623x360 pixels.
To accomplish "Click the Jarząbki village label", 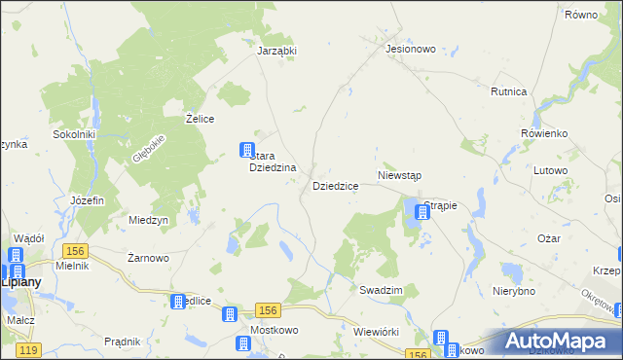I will coord(276,52).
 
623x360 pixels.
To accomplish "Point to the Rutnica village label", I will coord(509,91).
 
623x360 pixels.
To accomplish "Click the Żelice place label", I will coord(200,118).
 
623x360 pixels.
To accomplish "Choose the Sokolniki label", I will coord(73,134).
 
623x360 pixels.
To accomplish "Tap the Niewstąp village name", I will coord(398,176).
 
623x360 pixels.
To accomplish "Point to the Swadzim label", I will coord(381,290).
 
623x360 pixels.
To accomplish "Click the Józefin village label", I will coord(88,199).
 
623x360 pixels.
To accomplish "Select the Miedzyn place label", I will coord(149,220).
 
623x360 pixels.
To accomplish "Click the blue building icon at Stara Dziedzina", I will coord(247,150).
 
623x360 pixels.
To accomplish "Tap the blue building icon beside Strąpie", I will coord(426,209).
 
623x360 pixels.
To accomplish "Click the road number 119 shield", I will coord(29,349).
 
